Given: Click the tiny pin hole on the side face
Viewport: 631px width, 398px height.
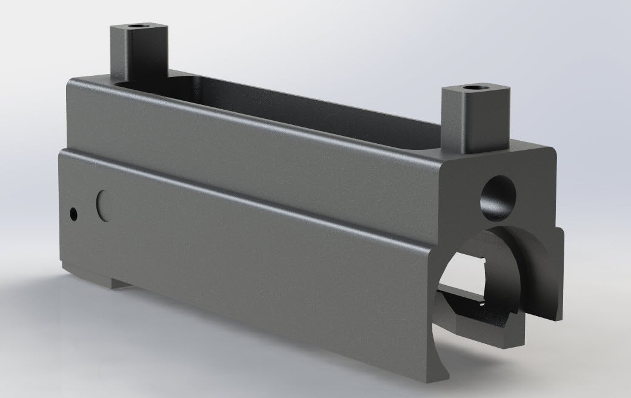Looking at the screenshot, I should click(74, 214).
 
